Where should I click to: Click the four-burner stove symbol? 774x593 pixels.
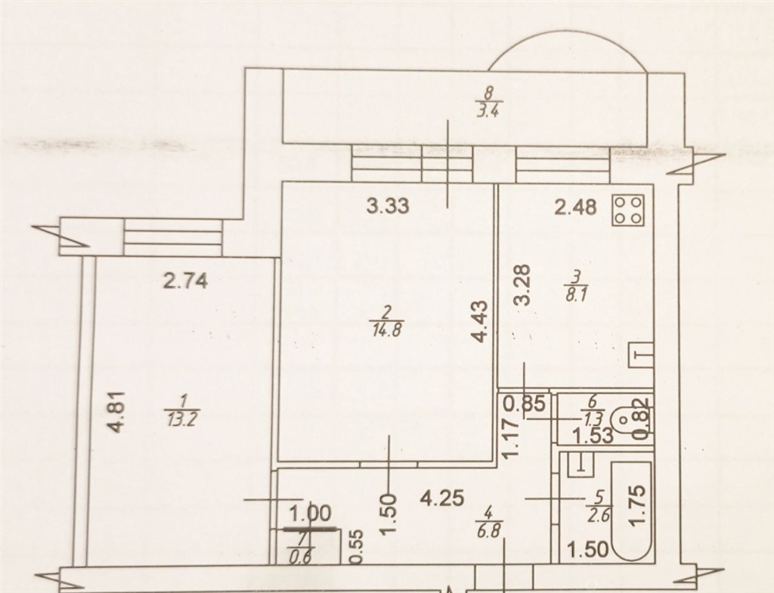pyautogui.click(x=628, y=210)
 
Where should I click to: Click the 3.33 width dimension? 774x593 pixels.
pyautogui.click(x=388, y=206)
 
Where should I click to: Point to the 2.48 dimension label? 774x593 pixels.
pyautogui.click(x=575, y=207)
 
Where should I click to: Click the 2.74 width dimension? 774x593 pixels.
pyautogui.click(x=186, y=281)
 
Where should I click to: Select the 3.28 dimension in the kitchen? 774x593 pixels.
pyautogui.click(x=522, y=285)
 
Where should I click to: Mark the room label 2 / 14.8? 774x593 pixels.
pyautogui.click(x=386, y=320)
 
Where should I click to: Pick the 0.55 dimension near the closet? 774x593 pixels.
pyautogui.click(x=357, y=547)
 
